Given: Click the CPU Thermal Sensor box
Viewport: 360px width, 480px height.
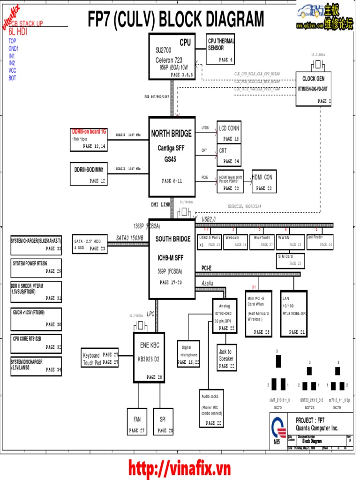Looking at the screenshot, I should point(220,51).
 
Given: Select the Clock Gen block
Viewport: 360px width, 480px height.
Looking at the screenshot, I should point(313,89).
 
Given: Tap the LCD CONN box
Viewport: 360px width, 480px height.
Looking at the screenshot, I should point(229,132).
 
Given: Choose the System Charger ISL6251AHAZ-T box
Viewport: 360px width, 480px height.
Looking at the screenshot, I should point(36,245).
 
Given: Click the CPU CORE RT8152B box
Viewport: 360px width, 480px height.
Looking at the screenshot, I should point(36,343).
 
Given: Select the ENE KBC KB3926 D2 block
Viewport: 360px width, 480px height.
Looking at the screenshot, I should point(149,357).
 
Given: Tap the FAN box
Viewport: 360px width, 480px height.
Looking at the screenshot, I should point(137,421).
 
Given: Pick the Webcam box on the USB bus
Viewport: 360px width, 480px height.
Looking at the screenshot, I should point(235,241).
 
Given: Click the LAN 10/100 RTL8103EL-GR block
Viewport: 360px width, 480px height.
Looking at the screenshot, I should point(293,314).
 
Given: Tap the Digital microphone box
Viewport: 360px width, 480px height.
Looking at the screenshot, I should point(189,353).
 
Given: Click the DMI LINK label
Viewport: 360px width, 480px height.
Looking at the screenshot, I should point(161,204).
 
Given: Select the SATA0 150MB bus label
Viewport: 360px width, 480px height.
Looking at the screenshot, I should point(130,238).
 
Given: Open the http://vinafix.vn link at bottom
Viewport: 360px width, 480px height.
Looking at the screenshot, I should point(180,468).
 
